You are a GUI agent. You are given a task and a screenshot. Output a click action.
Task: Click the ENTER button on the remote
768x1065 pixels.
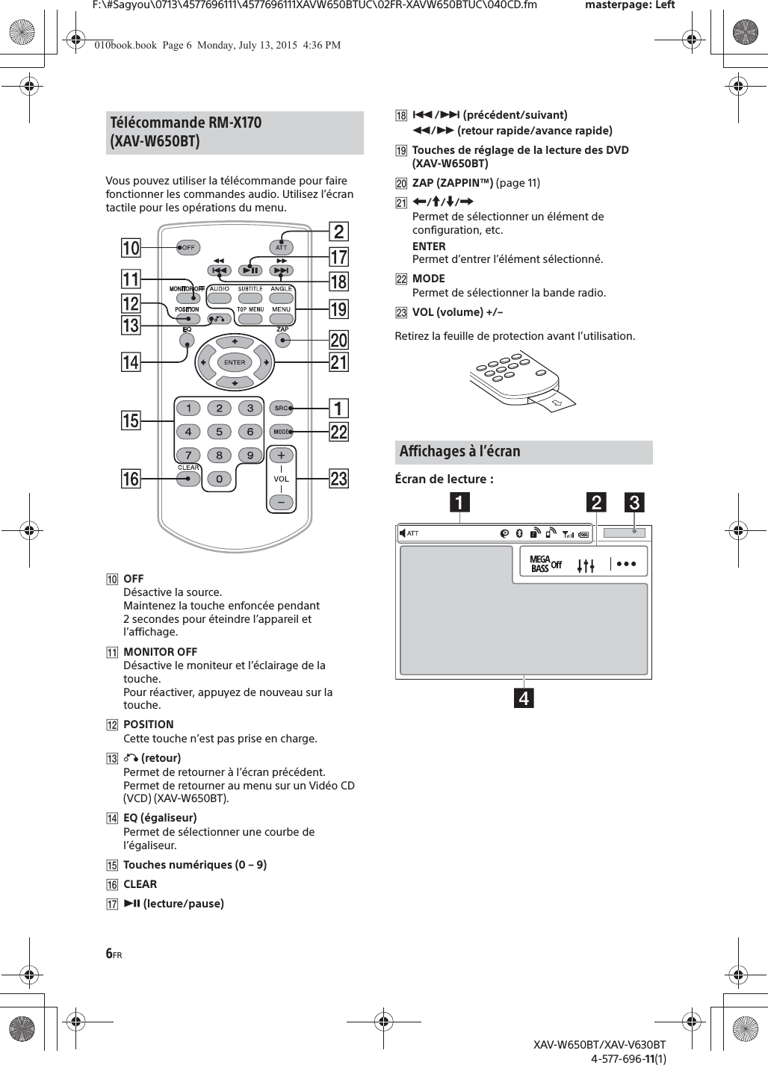[235, 362]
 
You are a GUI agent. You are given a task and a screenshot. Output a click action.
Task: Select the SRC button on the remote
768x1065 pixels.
[282, 408]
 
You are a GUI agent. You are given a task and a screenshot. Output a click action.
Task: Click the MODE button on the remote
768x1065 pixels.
[282, 432]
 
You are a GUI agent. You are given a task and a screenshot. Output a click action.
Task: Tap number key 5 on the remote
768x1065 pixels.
[219, 432]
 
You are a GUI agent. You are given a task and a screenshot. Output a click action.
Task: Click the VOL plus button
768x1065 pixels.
[281, 456]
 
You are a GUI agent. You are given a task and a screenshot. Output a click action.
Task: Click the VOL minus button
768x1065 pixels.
[281, 503]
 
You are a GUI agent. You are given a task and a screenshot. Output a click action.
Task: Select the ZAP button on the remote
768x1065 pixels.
[282, 340]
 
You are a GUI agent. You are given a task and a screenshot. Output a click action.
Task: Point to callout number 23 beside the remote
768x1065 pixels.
[338, 478]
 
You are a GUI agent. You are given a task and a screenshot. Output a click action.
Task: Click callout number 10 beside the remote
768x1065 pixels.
[131, 248]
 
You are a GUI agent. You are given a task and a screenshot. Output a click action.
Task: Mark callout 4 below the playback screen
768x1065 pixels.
[523, 699]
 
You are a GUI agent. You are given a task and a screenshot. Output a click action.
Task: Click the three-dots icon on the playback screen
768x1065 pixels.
[626, 564]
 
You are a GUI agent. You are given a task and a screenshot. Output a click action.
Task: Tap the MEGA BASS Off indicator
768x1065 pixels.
[545, 564]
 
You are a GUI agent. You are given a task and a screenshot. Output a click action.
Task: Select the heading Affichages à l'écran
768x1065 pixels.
[460, 451]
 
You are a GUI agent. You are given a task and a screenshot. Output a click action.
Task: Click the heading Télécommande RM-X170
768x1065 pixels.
[186, 122]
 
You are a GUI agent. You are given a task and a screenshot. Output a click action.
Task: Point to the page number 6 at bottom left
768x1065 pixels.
[109, 953]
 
